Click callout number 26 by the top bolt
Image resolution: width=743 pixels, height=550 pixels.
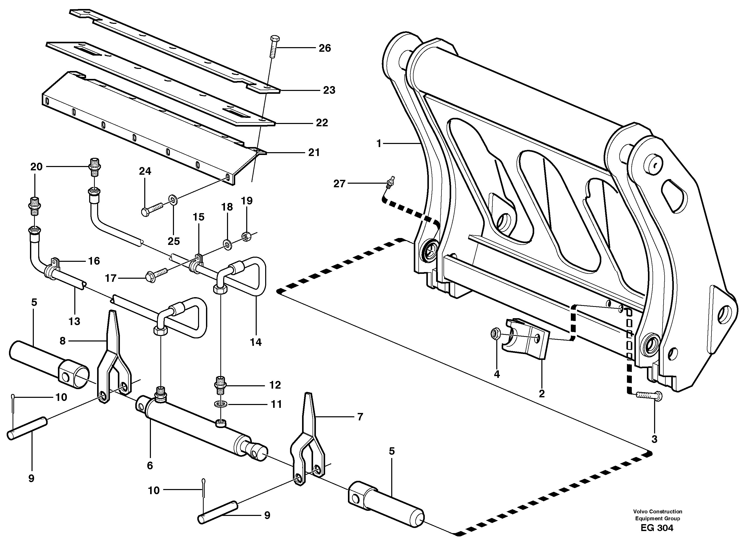(325, 48)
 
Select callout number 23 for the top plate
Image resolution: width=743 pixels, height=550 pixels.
(329, 90)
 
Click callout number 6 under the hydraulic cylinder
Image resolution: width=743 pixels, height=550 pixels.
(150, 465)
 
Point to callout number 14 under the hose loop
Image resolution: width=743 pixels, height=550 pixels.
(256, 342)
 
